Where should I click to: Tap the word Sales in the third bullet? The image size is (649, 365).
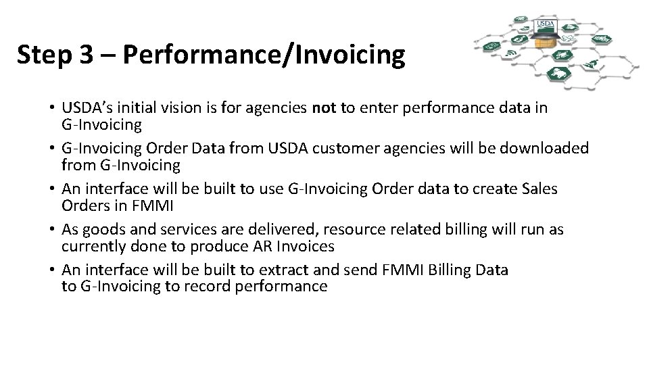pos(539,189)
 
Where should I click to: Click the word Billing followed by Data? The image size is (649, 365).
pos(449,270)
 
